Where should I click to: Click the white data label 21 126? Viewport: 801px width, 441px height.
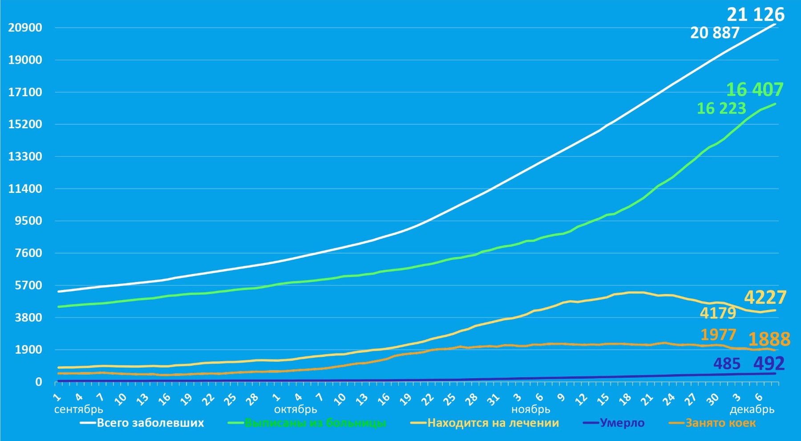(x=755, y=15)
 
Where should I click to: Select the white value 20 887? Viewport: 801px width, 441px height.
(x=715, y=33)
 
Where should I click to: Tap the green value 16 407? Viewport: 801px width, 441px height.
(x=754, y=90)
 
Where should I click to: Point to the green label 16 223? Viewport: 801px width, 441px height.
(x=721, y=108)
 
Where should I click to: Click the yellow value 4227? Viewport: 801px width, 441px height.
(x=765, y=297)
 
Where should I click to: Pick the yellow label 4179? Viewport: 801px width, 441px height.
(x=718, y=313)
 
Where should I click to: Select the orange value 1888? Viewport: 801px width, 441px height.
(x=769, y=339)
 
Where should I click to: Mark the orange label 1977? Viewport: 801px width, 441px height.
(x=718, y=335)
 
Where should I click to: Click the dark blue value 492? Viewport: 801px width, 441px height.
(x=769, y=364)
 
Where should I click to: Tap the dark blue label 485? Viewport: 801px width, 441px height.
(x=727, y=364)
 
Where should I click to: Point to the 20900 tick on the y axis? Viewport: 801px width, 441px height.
(x=25, y=28)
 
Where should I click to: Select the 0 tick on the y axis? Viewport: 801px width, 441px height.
(x=39, y=382)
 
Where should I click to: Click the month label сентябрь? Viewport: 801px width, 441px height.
(x=79, y=409)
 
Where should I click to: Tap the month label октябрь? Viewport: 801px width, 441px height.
(x=295, y=409)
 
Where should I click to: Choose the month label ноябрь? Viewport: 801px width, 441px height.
(x=530, y=409)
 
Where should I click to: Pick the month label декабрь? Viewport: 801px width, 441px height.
(x=752, y=409)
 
